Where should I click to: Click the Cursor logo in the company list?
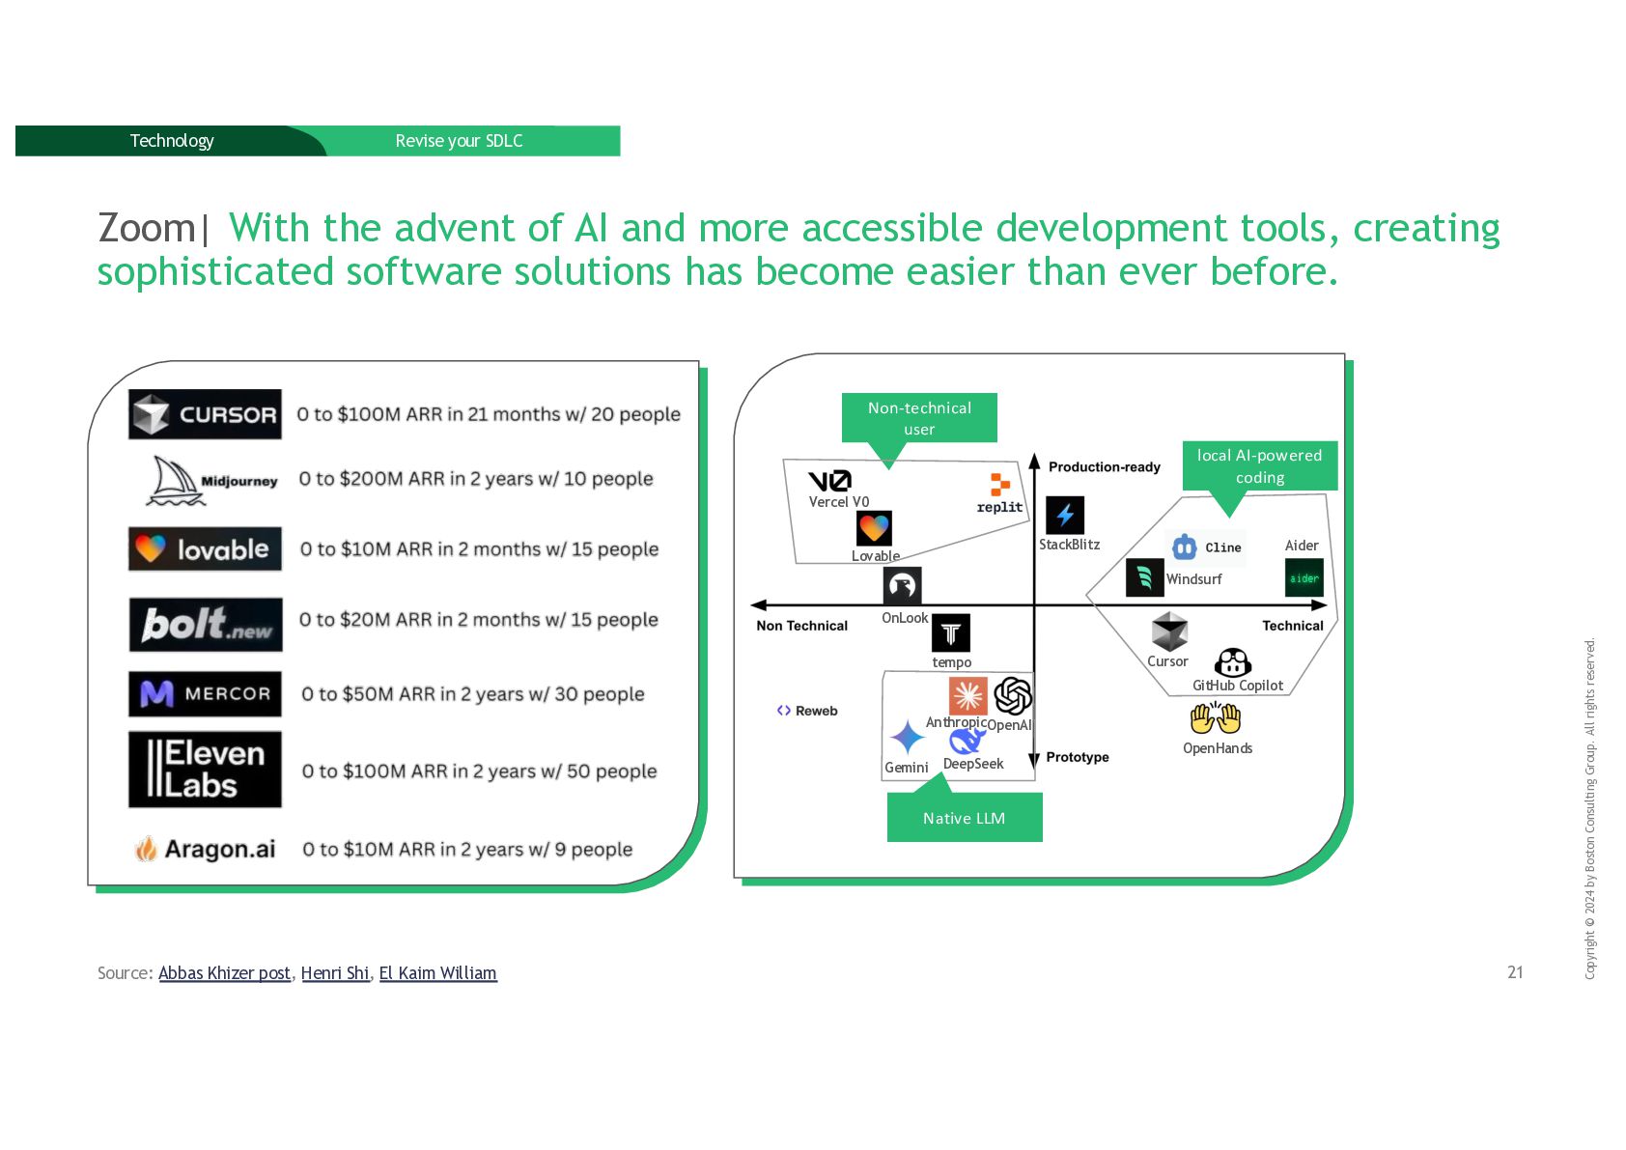click(x=205, y=414)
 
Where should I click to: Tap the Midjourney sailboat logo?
click(x=177, y=481)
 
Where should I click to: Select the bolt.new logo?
click(x=206, y=624)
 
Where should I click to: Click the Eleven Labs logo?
click(x=205, y=769)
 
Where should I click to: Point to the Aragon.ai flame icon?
click(x=146, y=849)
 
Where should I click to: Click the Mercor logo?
click(x=205, y=694)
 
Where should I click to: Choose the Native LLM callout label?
click(x=964, y=818)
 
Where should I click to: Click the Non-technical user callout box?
click(x=918, y=418)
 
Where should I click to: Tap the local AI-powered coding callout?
click(x=1259, y=466)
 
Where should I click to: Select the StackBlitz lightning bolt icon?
click(x=1065, y=516)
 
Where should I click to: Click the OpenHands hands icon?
click(x=1215, y=718)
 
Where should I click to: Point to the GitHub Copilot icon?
click(x=1233, y=663)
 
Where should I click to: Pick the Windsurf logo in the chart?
click(x=1145, y=577)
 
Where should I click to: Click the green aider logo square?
click(x=1304, y=578)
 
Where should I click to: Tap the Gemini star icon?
click(x=907, y=738)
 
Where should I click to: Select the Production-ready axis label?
click(x=1104, y=467)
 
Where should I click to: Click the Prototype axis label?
click(x=1077, y=757)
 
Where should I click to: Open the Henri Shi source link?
click(x=335, y=973)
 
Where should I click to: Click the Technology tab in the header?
click(x=172, y=141)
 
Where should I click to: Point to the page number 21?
click(x=1515, y=972)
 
